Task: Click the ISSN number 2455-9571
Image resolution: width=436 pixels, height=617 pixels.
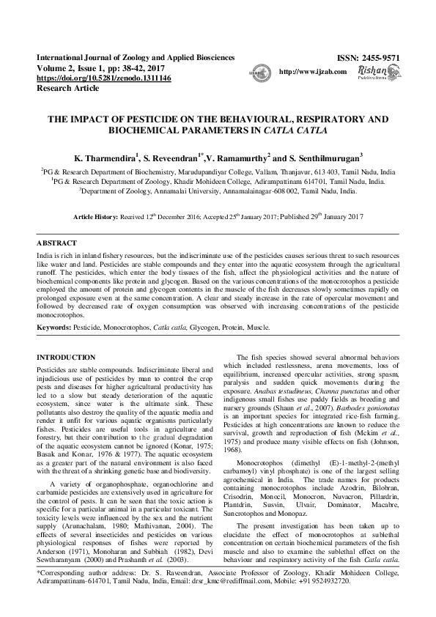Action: [x=380, y=58]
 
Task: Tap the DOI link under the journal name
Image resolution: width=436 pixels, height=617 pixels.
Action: [x=103, y=78]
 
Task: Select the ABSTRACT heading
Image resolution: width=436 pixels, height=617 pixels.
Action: [x=56, y=243]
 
